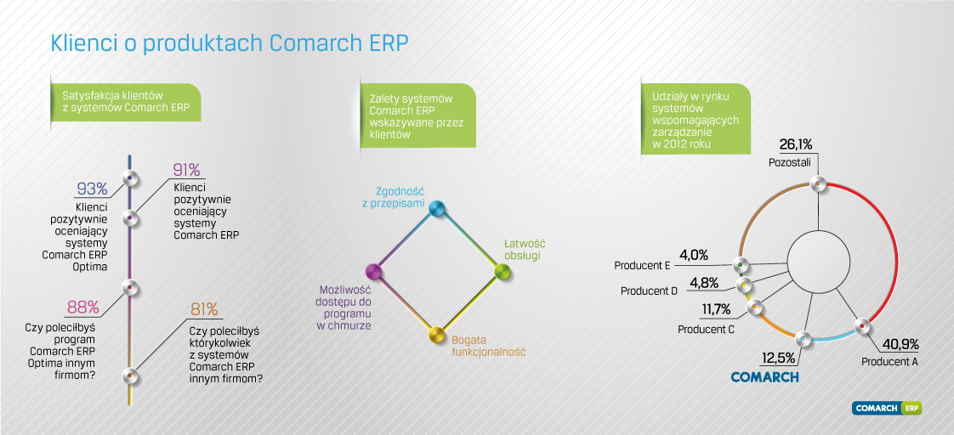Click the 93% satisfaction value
tap(93, 189)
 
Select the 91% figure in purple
tap(187, 170)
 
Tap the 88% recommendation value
tap(82, 308)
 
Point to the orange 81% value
tap(204, 309)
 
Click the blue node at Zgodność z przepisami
tap(435, 209)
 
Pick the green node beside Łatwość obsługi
tap(502, 272)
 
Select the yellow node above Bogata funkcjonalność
tap(436, 335)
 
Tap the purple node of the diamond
tap(373, 270)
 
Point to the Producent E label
tap(643, 265)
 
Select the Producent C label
tap(706, 330)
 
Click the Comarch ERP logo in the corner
tap(887, 409)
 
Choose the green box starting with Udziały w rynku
tap(696, 120)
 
